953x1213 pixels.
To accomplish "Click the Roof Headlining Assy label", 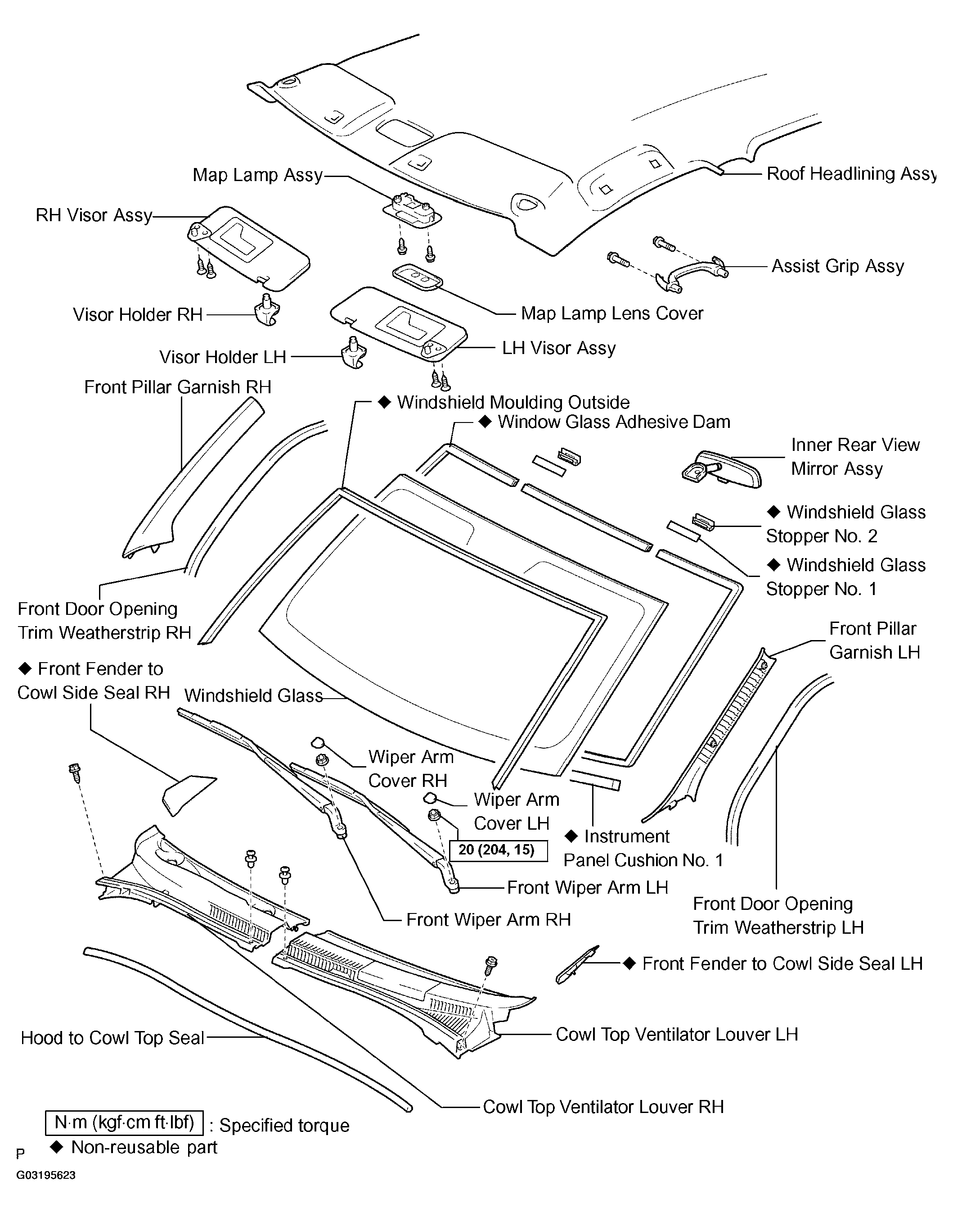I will [x=850, y=174].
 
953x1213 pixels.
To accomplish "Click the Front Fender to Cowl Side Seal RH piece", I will [x=186, y=793].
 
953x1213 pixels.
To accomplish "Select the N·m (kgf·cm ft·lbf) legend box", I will [x=124, y=1122].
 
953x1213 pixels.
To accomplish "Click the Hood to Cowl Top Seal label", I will [x=112, y=1038].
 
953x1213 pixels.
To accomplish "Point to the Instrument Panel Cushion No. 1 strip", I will [x=595, y=780].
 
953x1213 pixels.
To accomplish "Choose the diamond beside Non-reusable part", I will [x=56, y=1147].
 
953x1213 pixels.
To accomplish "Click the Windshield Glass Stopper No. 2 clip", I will [x=704, y=522].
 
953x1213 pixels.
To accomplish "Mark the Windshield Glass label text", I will [x=253, y=695].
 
